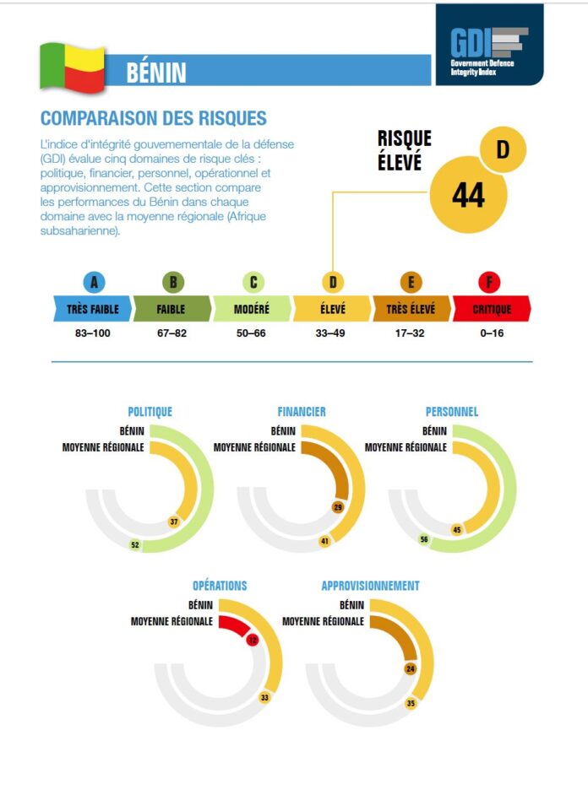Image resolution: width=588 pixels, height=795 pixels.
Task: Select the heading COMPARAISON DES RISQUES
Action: click(153, 118)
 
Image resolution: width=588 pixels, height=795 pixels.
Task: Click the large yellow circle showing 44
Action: click(468, 195)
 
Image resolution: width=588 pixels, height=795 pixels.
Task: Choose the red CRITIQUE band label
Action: click(492, 309)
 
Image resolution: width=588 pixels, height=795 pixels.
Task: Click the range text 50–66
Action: click(252, 333)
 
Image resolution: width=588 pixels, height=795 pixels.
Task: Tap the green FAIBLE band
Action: click(171, 309)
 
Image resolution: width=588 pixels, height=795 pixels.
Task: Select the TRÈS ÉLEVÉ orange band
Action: click(411, 309)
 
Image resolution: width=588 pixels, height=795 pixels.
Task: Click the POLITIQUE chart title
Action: click(150, 412)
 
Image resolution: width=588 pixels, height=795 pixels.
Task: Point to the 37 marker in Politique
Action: click(173, 522)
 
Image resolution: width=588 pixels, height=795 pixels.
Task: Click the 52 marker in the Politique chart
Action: click(134, 545)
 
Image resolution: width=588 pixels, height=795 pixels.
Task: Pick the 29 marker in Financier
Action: click(337, 507)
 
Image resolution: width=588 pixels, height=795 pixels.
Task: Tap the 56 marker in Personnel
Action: click(424, 539)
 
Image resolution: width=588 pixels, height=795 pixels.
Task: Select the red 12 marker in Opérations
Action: click(253, 640)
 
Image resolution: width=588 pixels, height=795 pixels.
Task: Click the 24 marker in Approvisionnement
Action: click(411, 668)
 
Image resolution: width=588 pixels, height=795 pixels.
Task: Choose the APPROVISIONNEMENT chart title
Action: click(370, 586)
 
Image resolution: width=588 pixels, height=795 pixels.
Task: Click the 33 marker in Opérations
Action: click(264, 697)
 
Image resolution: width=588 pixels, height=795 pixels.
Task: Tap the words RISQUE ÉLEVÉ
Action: click(404, 149)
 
